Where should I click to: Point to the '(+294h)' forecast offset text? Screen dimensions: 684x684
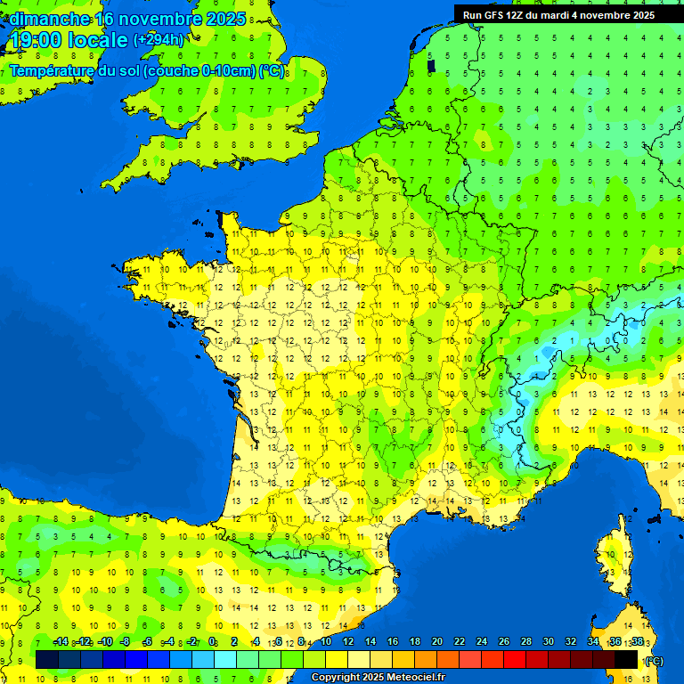159,40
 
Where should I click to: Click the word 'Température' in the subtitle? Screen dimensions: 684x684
53,71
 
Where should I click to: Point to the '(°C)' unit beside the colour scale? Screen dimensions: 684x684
653,661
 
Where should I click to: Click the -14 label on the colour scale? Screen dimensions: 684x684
61,641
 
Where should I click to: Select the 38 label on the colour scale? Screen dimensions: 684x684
637,641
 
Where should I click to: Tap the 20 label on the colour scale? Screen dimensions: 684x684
437,641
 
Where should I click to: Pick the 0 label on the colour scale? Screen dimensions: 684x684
212,641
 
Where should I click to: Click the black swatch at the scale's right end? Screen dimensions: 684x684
626,659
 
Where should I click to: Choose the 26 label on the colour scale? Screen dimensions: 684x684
504,641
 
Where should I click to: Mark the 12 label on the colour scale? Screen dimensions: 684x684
348,641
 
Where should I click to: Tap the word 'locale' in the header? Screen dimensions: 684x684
98,40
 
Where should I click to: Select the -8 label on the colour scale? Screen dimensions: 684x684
126,641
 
